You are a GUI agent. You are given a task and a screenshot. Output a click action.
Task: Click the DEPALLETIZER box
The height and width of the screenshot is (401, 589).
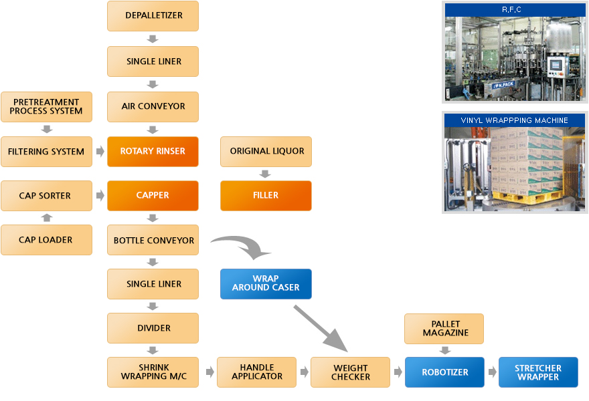[153, 15]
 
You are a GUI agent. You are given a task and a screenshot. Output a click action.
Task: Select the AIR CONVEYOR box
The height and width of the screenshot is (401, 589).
[153, 106]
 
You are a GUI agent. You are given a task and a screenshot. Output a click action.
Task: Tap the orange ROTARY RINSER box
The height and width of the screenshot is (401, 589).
[153, 151]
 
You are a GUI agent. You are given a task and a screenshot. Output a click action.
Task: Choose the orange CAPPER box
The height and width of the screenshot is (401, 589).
[153, 196]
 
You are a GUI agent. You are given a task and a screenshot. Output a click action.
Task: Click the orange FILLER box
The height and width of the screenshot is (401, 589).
[266, 196]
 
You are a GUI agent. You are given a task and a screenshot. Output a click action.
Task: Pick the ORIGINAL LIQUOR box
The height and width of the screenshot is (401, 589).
[266, 151]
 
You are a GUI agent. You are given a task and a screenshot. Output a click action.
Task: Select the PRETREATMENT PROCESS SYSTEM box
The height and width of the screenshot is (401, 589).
[46, 107]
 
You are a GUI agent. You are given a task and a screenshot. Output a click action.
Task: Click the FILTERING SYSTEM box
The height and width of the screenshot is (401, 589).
[46, 152]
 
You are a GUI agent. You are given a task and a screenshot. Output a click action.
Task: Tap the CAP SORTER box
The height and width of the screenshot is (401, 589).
[46, 196]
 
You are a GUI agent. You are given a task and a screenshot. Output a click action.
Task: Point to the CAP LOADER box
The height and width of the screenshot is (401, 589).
[46, 240]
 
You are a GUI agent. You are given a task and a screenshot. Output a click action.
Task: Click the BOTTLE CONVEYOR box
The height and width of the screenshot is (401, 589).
[153, 240]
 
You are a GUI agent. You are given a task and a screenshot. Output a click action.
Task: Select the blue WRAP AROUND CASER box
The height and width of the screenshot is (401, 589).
[266, 283]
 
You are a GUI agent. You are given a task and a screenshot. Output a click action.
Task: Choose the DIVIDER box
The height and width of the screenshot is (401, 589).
[153, 328]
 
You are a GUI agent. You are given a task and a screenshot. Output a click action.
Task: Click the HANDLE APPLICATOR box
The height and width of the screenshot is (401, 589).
[256, 372]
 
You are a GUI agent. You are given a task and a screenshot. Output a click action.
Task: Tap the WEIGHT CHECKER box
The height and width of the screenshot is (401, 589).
[350, 372]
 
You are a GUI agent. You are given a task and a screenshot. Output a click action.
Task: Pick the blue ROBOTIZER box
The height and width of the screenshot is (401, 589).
[444, 372]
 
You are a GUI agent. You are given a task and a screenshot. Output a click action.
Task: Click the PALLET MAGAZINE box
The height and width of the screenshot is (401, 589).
[445, 329]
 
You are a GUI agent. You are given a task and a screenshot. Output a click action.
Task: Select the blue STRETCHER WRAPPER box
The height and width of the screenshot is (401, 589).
[538, 372]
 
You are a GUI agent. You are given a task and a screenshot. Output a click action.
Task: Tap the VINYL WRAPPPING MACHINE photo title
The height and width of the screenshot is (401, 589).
[515, 120]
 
